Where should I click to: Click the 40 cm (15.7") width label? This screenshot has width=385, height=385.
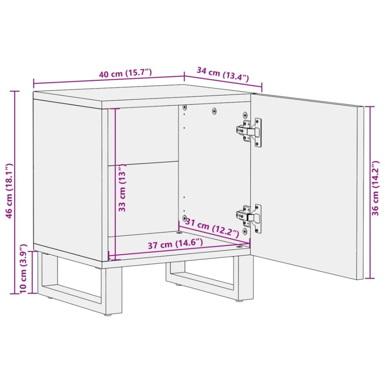pos(125,74)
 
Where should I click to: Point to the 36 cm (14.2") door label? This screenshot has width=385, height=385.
pos(376,191)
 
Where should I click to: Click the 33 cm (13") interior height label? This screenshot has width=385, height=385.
pos(122,189)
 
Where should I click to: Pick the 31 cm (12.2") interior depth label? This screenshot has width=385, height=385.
pos(212,228)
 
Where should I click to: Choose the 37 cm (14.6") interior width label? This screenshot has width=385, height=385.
pos(175,245)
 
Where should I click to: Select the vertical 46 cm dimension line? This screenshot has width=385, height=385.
pos(17,191)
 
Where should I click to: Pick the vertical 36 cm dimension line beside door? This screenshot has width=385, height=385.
pos(370,191)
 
